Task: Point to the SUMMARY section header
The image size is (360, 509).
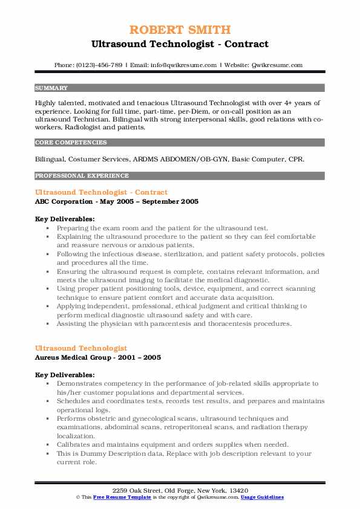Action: (x=51, y=88)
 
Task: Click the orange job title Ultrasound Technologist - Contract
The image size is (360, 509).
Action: (x=102, y=192)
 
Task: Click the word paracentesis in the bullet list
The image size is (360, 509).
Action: (x=160, y=324)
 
